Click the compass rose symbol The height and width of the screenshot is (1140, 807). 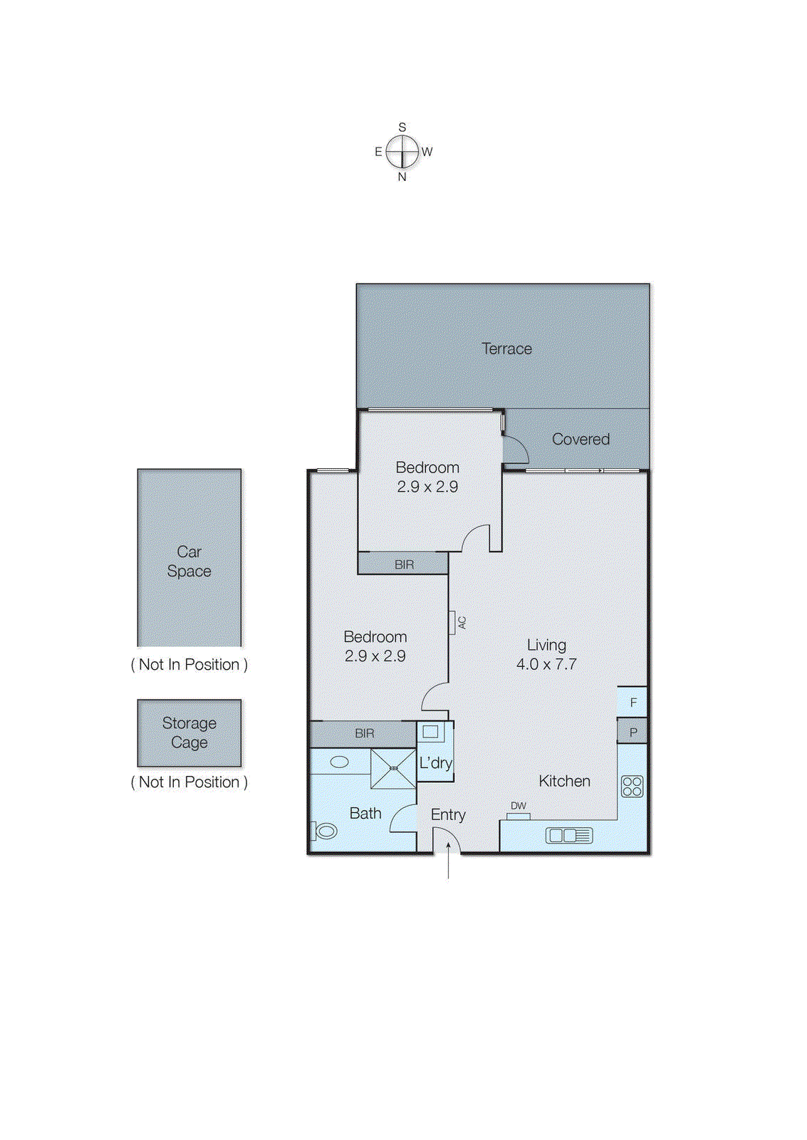pyautogui.click(x=402, y=151)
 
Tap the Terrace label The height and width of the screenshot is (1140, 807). pyautogui.click(x=506, y=348)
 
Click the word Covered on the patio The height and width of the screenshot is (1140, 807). pyautogui.click(x=580, y=439)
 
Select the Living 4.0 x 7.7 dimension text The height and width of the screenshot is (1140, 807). pyautogui.click(x=546, y=664)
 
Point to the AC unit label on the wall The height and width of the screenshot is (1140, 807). pyautogui.click(x=461, y=622)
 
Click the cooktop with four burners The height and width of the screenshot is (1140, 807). pyautogui.click(x=632, y=786)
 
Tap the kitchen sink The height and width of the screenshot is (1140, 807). pyautogui.click(x=568, y=835)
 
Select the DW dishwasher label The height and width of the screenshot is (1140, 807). pyautogui.click(x=519, y=806)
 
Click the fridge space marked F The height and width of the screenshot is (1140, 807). pyautogui.click(x=632, y=702)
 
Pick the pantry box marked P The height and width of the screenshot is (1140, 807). pyautogui.click(x=632, y=732)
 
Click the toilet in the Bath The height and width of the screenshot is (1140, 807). pyautogui.click(x=325, y=831)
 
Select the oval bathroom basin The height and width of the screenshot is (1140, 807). pyautogui.click(x=340, y=762)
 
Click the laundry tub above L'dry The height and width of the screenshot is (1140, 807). pyautogui.click(x=430, y=731)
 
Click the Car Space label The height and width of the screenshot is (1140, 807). pyautogui.click(x=189, y=561)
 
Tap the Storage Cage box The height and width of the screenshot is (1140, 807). pyautogui.click(x=189, y=732)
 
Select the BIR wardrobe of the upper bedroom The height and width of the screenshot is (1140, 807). pyautogui.click(x=403, y=564)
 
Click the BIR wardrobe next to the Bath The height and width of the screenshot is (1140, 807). pyautogui.click(x=364, y=733)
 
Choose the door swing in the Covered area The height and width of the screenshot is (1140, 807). pyautogui.click(x=515, y=450)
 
